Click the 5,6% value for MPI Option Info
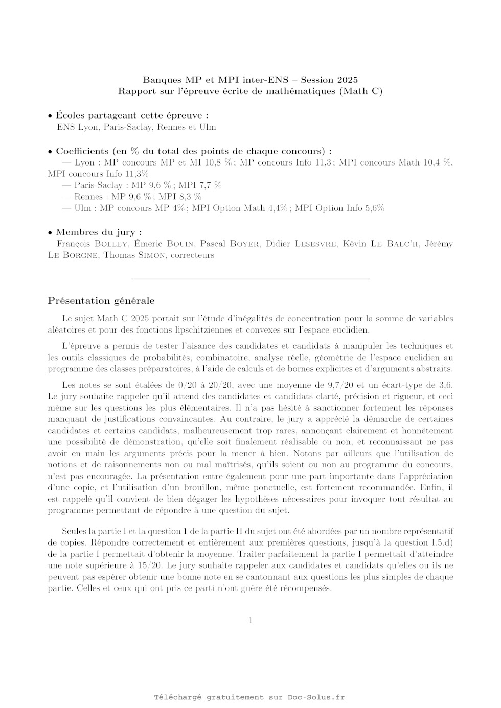tap(374, 208)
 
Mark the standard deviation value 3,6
tap(446, 385)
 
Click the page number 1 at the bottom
tap(250, 621)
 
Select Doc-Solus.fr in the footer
tap(316, 697)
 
